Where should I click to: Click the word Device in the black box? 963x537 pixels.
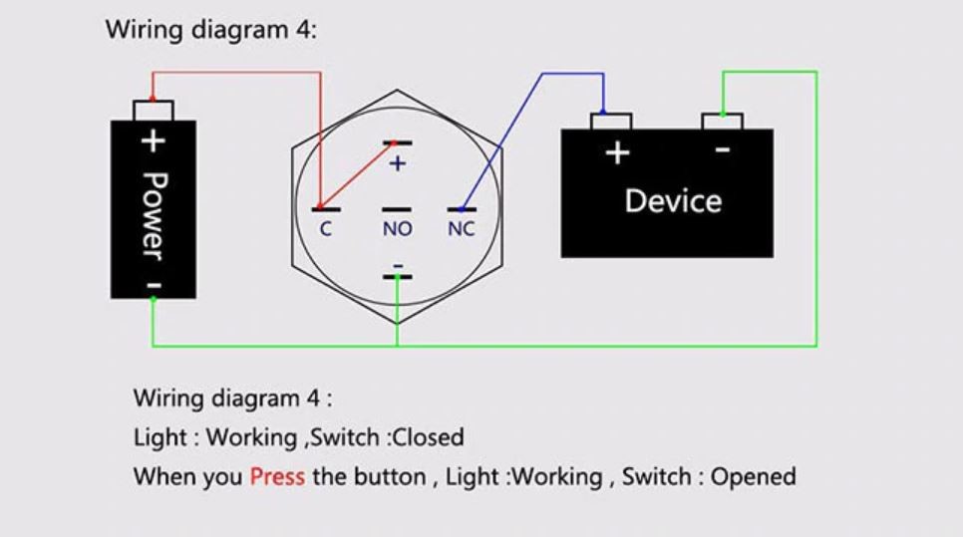pos(673,201)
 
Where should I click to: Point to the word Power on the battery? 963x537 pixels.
pos(153,214)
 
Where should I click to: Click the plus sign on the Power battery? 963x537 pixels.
pos(152,140)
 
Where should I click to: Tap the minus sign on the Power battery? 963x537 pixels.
pos(154,285)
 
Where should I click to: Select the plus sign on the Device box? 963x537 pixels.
pos(618,152)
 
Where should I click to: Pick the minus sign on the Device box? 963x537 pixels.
pos(723,150)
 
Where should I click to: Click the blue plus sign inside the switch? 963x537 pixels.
pos(398,163)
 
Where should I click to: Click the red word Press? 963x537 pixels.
pos(277,476)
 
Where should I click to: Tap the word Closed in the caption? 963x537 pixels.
pos(429,436)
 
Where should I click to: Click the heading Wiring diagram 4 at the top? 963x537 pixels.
pos(210,29)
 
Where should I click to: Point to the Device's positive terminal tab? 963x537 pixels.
pos(611,121)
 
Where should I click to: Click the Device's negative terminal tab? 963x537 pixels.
pos(722,121)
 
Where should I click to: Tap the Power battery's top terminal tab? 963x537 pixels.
pos(153,110)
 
